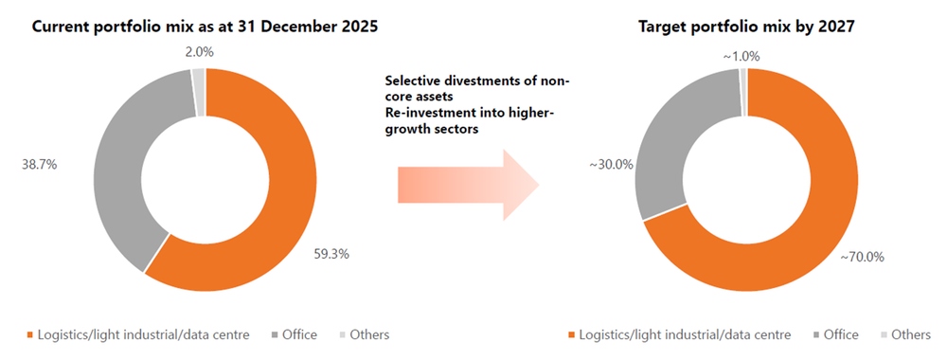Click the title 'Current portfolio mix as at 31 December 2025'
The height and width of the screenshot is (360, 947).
coord(205,27)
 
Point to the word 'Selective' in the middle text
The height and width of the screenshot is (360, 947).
coord(413,81)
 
